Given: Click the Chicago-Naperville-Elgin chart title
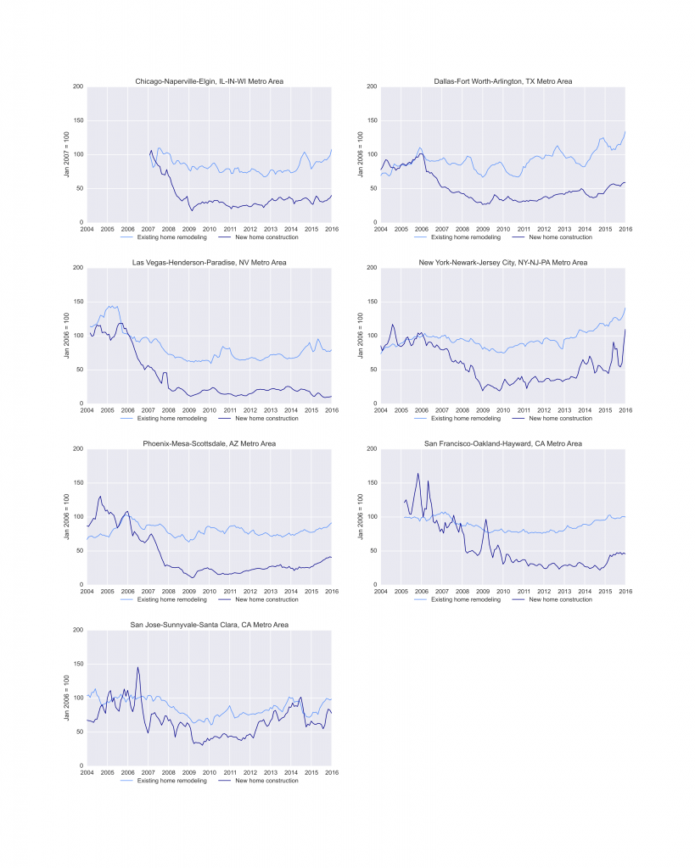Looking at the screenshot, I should pos(210,81).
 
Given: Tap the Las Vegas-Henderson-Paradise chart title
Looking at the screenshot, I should pos(210,263).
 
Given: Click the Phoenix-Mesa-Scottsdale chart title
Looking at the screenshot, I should pos(210,443).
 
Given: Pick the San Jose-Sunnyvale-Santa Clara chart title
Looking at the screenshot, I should pos(210,625).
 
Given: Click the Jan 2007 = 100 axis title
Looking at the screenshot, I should pos(67,155).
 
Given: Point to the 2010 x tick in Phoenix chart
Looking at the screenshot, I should pos(210,591).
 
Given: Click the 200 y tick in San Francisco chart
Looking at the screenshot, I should pos(371,449).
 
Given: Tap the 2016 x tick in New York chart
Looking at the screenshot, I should pos(625,409).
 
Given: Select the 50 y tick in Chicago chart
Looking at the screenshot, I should pos(79,189).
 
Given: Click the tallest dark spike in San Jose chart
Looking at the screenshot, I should pos(137,668).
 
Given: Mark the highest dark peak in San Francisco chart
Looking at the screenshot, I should pos(418,474).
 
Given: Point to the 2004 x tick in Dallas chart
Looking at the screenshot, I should pos(380,229).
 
